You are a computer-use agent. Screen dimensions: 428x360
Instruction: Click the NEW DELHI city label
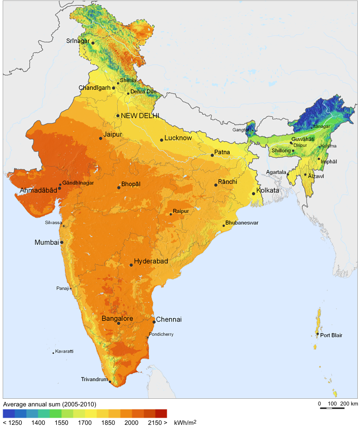point(140,116)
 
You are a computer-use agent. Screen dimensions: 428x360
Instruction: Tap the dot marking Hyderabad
point(131,265)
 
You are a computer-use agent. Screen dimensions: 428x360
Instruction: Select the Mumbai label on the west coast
point(47,242)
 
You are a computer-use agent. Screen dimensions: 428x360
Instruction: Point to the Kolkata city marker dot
point(254,194)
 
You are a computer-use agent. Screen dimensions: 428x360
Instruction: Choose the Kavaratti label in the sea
point(64,351)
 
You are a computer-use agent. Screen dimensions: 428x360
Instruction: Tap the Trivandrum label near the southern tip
point(94,379)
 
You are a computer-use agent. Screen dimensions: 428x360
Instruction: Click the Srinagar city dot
point(93,43)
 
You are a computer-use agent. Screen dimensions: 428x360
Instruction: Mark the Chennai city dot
point(154,322)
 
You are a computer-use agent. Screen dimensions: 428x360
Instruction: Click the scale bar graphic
point(332,408)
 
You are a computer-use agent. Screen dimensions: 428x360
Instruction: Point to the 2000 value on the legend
point(132,423)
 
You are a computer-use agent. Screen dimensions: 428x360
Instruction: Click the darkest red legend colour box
point(161,413)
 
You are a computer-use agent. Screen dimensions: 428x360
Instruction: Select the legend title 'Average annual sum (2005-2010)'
point(50,404)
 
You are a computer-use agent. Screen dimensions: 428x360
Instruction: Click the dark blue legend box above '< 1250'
point(9,413)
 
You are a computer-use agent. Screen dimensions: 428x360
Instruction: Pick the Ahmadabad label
point(38,190)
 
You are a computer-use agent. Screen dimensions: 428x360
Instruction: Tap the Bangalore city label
point(117,318)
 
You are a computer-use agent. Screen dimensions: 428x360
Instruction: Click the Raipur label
point(180,211)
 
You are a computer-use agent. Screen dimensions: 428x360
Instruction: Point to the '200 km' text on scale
point(349,403)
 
